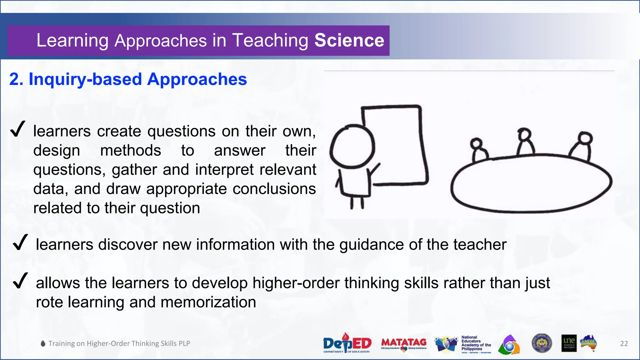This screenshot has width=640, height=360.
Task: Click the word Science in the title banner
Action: pos(349,41)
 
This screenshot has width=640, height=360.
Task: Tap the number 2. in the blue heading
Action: pos(16,79)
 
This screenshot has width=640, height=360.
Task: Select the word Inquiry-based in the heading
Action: pos(85,79)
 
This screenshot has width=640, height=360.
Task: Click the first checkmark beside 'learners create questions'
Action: pos(17,129)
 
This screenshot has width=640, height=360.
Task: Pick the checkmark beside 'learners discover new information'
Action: pos(20,242)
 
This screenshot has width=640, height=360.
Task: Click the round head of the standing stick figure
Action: pos(352,146)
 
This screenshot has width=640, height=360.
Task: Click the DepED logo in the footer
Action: pos(347,343)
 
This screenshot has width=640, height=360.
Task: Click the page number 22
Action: pos(624,344)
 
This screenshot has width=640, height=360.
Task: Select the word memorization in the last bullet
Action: pos(208,302)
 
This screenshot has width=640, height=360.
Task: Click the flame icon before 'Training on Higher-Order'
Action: pos(43,343)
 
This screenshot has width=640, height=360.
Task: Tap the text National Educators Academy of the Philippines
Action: pos(476,343)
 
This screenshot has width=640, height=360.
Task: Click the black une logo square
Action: pos(569,343)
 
